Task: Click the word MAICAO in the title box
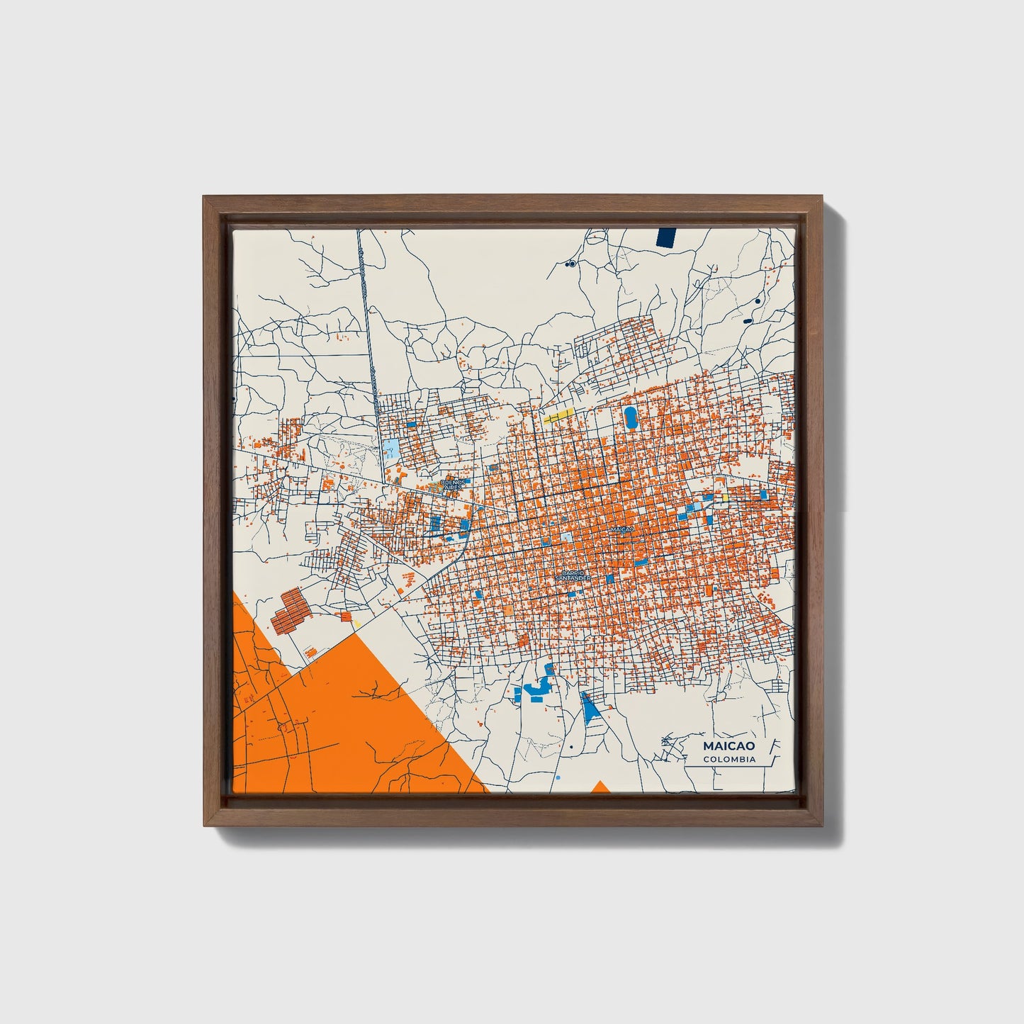tap(728, 746)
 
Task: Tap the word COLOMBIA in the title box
tap(728, 760)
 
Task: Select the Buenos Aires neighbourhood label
tap(451, 485)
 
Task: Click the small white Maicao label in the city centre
tap(620, 529)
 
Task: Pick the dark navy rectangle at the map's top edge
tap(667, 237)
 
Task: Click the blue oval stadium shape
tap(629, 417)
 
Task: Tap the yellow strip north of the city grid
tap(558, 416)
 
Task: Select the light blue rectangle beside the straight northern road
tap(391, 449)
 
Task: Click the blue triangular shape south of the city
tap(590, 705)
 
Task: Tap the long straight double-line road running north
tap(366, 319)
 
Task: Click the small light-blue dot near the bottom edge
tap(559, 777)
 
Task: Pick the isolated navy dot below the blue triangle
tap(570, 746)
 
